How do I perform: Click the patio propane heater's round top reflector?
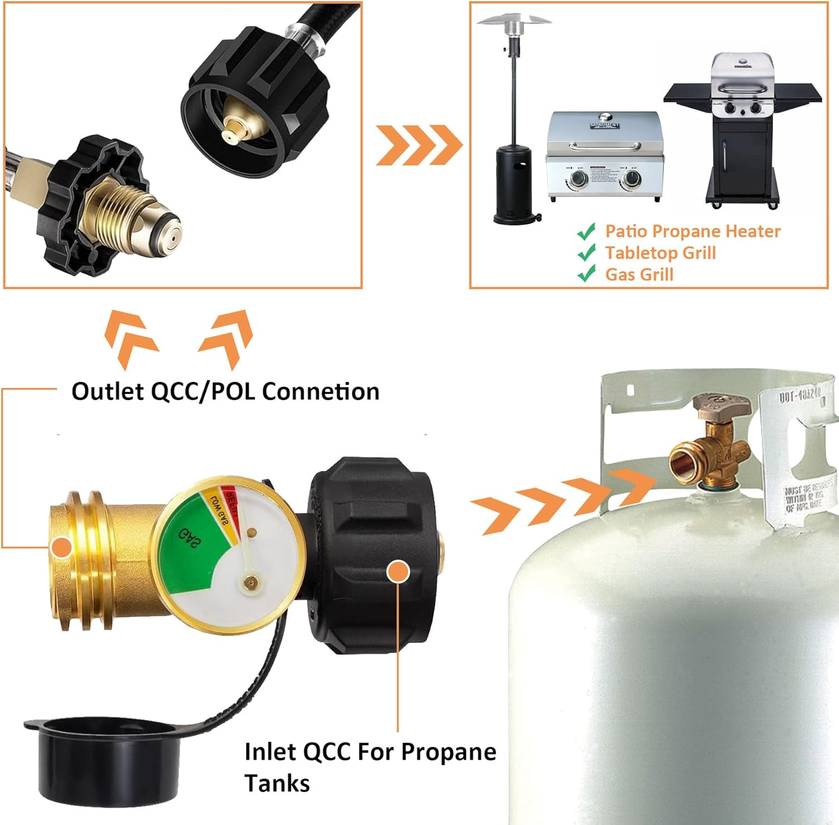[514, 20]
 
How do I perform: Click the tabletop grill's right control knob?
[632, 179]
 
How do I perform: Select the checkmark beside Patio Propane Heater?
[586, 231]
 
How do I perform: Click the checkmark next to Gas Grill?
[586, 274]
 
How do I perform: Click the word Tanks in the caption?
[277, 783]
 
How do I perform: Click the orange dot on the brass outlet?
[60, 547]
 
